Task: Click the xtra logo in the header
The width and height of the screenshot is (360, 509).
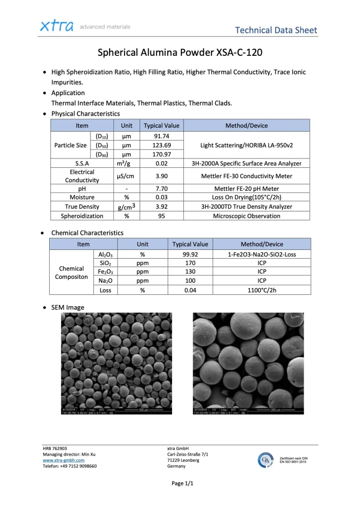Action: coord(56,26)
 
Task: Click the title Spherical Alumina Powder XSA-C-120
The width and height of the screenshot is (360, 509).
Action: coord(180,52)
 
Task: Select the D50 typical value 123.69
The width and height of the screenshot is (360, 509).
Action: coord(161,145)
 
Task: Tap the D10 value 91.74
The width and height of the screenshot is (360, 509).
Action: coord(161,136)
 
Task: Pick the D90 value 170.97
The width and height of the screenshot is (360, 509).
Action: coord(161,154)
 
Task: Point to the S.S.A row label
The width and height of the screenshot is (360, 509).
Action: coord(82,164)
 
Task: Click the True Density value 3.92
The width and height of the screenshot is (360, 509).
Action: coord(161,207)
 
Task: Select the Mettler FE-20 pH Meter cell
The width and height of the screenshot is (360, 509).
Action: coord(247,188)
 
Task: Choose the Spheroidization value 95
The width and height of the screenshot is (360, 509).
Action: coord(161,216)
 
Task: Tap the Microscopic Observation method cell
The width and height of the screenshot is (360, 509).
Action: coord(247,216)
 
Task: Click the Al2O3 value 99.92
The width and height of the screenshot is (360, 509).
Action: coord(190,254)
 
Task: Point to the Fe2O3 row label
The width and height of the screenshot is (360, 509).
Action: coord(105,272)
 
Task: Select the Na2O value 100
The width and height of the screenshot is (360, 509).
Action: coord(190,281)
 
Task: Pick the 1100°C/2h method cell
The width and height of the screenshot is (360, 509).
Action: coord(262,290)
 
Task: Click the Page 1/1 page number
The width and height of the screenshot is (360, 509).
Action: coord(182,484)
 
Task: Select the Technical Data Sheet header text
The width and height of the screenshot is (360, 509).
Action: coord(276,30)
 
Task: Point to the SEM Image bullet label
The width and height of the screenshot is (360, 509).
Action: coord(67,307)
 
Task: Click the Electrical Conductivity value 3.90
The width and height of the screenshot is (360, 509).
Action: coord(161,176)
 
